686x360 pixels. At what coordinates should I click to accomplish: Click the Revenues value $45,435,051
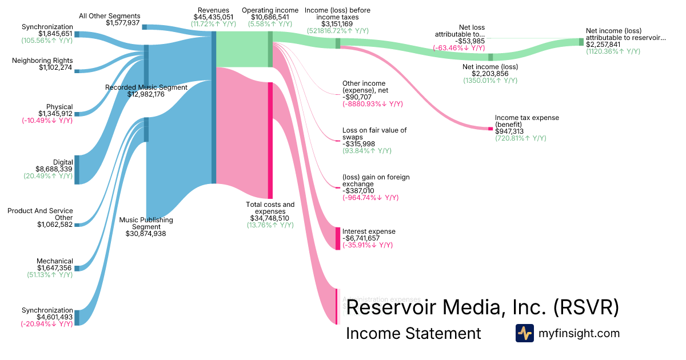tap(214, 18)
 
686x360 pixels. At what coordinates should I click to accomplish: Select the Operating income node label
tap(270, 10)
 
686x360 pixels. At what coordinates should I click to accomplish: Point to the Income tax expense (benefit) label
tap(527, 121)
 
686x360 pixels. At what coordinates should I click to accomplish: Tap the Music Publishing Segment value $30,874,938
tap(146, 233)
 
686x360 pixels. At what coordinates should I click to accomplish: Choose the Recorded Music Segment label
tap(146, 87)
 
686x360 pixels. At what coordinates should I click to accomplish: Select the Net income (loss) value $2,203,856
tap(490, 74)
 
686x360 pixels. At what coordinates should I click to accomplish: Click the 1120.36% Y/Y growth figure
tap(613, 51)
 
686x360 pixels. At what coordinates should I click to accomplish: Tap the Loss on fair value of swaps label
tap(374, 134)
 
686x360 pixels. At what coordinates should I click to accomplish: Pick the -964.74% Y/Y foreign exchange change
tap(370, 198)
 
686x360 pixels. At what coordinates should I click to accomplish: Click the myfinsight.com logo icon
tap(524, 333)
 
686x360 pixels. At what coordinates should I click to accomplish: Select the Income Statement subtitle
tap(413, 334)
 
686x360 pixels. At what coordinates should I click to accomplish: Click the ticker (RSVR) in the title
tap(586, 308)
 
